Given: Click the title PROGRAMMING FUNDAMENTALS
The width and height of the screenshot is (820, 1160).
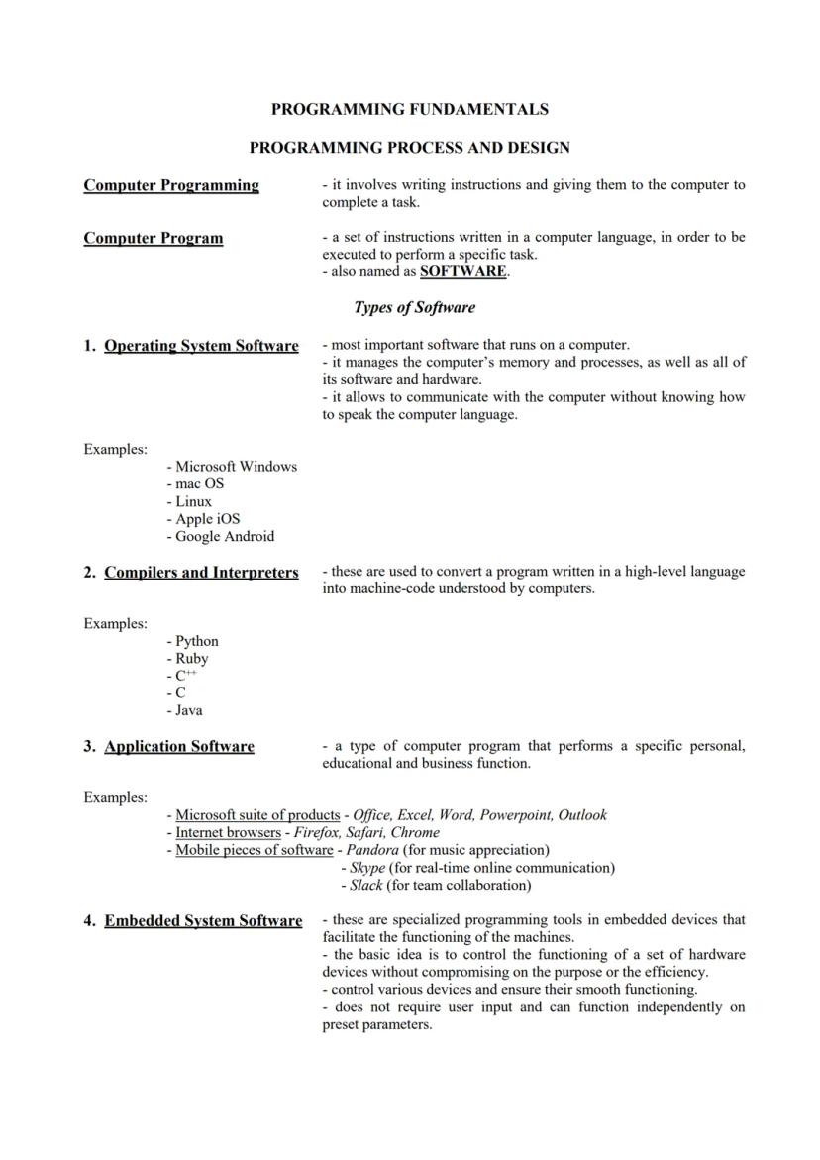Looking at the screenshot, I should tap(409, 109).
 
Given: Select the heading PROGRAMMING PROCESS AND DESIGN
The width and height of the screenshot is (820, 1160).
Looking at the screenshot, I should tap(409, 148).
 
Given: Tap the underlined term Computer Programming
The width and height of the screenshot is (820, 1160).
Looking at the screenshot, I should tap(171, 185).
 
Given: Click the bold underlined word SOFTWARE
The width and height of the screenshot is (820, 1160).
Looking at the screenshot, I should tap(463, 271).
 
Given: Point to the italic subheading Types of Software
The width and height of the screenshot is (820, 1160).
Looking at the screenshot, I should tap(414, 307).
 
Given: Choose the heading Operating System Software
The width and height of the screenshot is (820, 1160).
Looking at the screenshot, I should tap(201, 346).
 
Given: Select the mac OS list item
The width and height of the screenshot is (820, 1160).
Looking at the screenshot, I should tap(199, 483).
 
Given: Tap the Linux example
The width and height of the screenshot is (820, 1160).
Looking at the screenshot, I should tap(193, 501).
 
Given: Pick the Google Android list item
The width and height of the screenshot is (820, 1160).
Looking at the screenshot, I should tap(225, 536).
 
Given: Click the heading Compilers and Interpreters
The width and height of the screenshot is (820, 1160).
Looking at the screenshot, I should tap(201, 573).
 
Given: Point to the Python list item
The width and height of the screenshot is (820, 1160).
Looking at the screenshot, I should tap(197, 641).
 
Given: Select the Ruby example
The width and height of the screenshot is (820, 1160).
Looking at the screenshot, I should tap(192, 658).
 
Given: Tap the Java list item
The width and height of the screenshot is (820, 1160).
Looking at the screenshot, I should tap(188, 710).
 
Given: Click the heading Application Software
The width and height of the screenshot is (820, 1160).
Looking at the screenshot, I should tap(179, 747).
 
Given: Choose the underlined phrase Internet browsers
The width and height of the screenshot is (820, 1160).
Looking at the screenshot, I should tap(228, 832).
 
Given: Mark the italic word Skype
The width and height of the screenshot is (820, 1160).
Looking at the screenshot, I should tap(367, 868).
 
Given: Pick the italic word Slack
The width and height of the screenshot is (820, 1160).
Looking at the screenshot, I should tap(365, 885).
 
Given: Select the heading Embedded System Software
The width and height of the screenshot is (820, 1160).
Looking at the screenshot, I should tap(203, 921).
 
